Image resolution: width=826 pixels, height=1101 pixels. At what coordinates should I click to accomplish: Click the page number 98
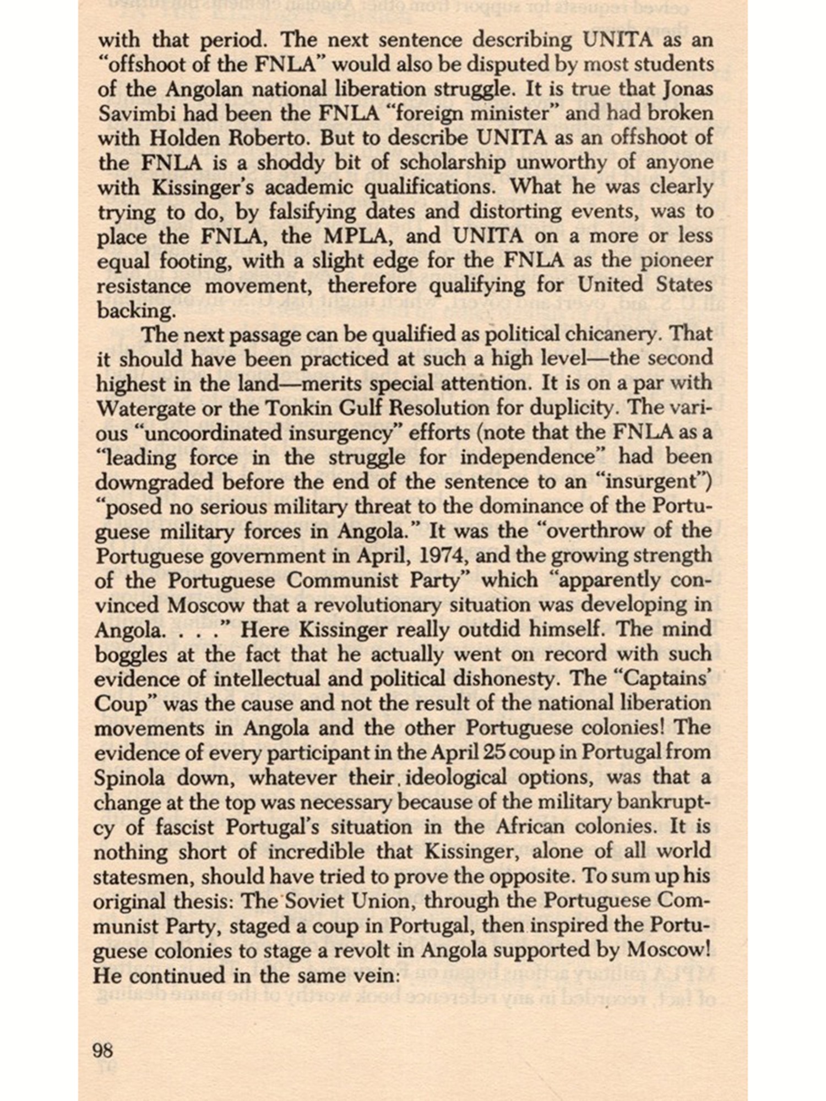[104, 1051]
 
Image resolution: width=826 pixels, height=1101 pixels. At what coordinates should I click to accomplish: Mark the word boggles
[131, 655]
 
